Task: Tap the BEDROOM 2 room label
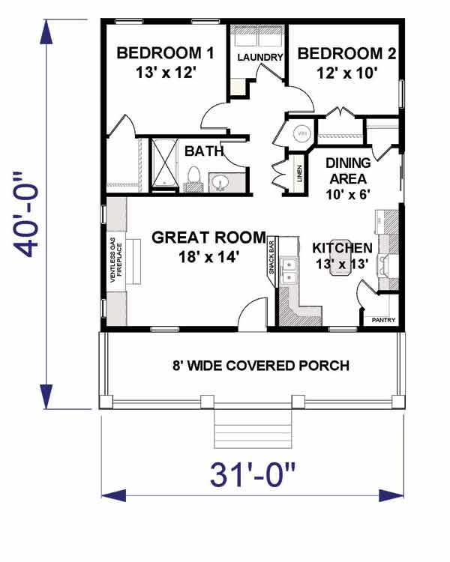click(x=346, y=54)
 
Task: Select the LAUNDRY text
click(x=259, y=57)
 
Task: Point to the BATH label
click(x=204, y=151)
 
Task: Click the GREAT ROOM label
click(x=208, y=238)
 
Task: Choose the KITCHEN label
click(x=342, y=248)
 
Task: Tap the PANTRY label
click(x=384, y=320)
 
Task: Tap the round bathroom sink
click(x=221, y=181)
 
